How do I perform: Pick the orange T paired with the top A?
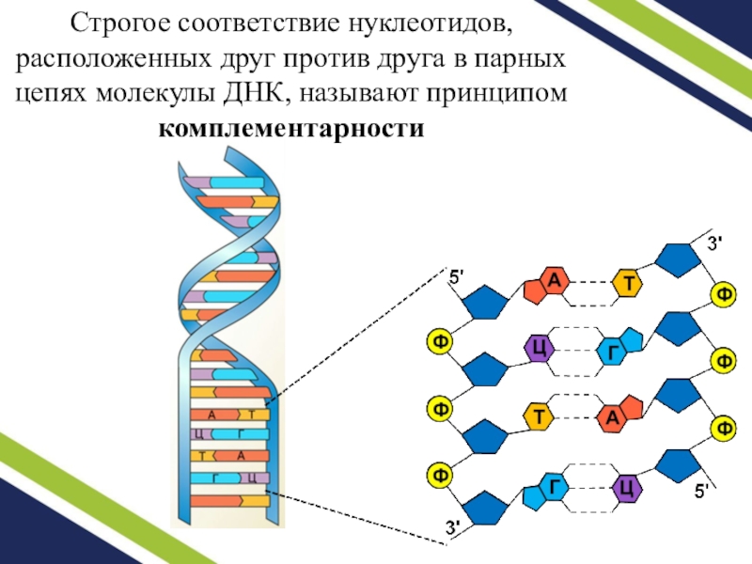(x=627, y=283)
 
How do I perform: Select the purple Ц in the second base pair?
(x=540, y=348)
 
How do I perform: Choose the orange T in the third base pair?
(x=540, y=415)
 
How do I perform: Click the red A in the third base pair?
(x=613, y=416)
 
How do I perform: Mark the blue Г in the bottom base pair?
(x=555, y=487)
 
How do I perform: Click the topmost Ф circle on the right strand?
(x=724, y=294)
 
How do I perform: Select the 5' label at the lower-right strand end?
(x=704, y=491)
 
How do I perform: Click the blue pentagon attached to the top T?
(x=676, y=260)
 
